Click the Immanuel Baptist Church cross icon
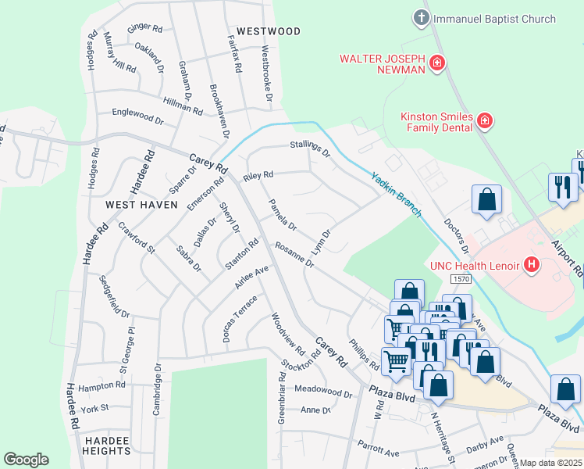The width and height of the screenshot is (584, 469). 422,18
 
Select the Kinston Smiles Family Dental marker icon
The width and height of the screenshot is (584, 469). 485,120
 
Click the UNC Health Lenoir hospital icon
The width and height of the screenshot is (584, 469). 532,265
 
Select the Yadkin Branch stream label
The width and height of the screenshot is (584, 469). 397,195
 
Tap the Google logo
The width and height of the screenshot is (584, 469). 26,459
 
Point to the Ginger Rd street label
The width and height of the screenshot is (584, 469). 144,29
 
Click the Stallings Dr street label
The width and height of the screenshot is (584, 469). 310,148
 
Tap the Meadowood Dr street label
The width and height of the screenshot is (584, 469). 323,390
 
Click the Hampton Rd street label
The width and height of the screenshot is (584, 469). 101,386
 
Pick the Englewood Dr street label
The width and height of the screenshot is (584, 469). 137,121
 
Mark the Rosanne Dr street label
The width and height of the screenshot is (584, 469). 294,255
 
